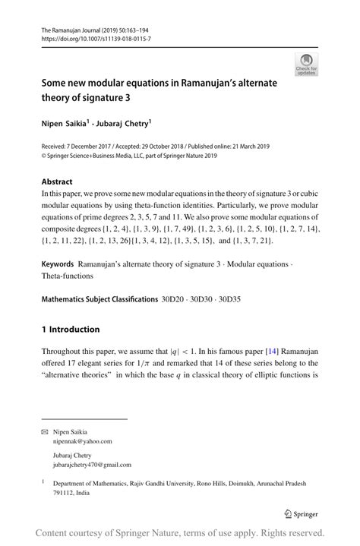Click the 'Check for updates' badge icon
point(308,64)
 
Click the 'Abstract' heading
point(57,181)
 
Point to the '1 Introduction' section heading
point(71,329)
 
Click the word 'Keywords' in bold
point(58,264)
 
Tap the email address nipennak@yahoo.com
point(82,440)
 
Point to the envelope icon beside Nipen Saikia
point(44,431)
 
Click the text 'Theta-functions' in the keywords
point(69,276)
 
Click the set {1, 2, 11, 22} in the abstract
point(69,241)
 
